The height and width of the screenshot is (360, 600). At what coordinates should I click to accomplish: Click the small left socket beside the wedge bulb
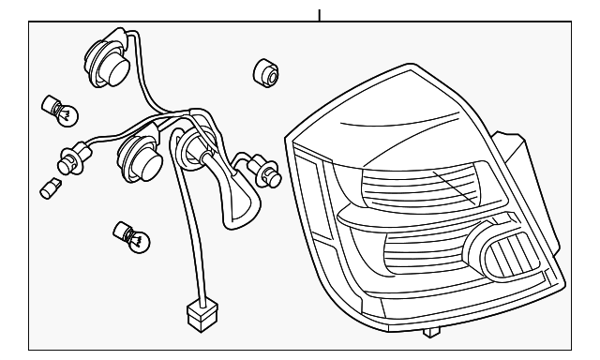pos(75,158)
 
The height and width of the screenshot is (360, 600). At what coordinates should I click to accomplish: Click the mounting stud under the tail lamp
pos(430,332)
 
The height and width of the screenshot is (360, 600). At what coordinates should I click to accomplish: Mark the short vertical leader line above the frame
pos(320,14)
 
